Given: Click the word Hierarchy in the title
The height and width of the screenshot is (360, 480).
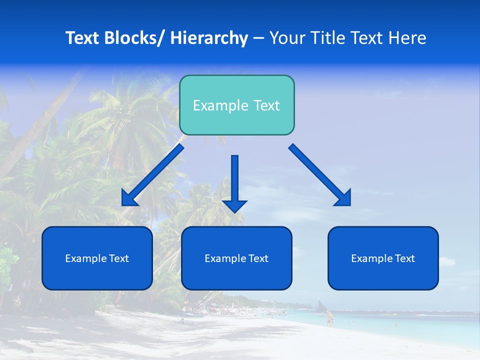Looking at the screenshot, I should tap(209, 38).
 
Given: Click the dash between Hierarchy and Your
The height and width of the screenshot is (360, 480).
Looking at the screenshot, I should tap(258, 38).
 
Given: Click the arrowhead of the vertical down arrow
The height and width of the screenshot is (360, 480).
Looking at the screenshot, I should tap(234, 205).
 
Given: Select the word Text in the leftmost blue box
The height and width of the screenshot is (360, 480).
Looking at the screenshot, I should tap(118, 258).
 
